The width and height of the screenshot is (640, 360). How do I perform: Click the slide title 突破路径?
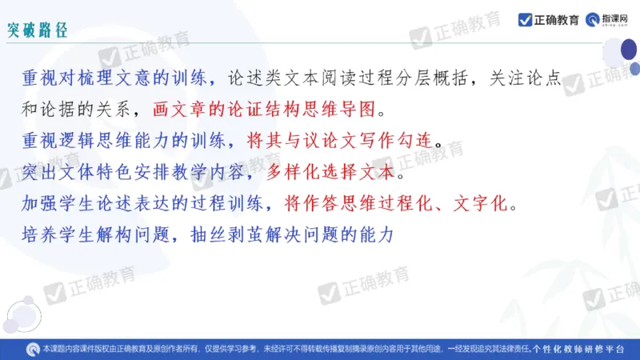(x=37, y=30)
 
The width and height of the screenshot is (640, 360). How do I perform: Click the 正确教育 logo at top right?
(x=548, y=20)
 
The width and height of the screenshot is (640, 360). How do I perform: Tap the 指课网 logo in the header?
(x=611, y=20)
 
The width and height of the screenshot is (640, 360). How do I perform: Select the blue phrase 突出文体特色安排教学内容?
(x=134, y=171)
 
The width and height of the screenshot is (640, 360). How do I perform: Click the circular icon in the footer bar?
(x=33, y=350)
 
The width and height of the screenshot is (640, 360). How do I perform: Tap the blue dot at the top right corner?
(x=634, y=69)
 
